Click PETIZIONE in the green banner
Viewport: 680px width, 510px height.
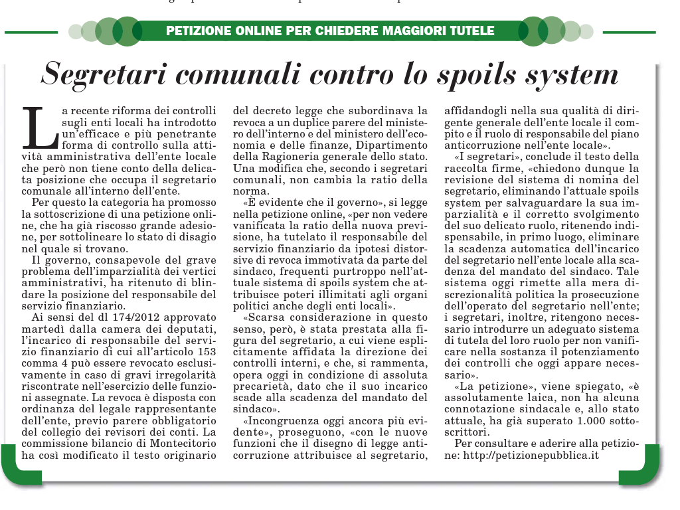pyautogui.click(x=197, y=31)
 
